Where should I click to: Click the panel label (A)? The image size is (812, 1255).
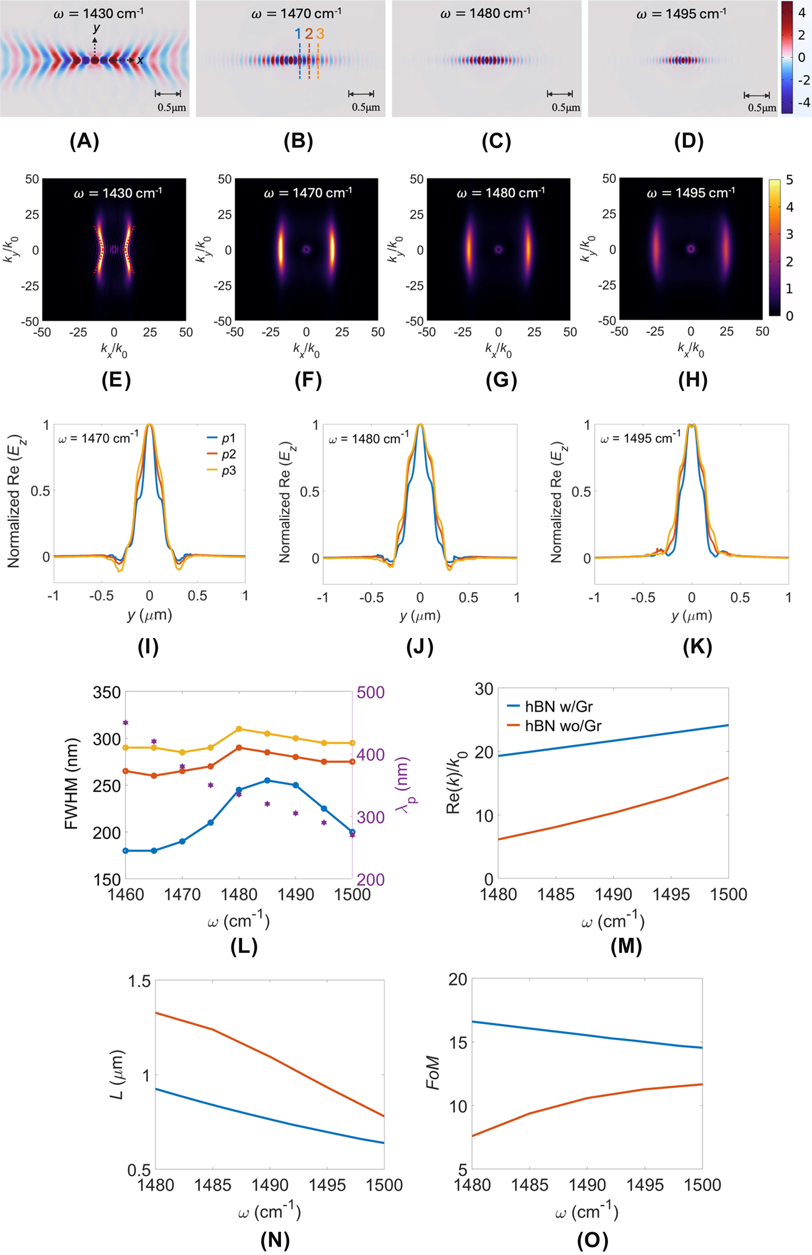[84, 142]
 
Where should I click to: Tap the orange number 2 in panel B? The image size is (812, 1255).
[309, 34]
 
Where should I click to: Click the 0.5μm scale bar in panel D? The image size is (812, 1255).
[757, 96]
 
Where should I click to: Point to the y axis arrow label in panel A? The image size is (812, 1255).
[97, 28]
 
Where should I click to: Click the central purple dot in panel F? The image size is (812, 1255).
[306, 249]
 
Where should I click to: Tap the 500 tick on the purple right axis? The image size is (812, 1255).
[370, 692]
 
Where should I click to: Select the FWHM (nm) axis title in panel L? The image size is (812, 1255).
[71, 784]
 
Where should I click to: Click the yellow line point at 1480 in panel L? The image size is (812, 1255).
[239, 729]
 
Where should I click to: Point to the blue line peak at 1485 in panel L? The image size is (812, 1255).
[267, 781]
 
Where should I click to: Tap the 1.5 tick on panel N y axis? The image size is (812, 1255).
[139, 982]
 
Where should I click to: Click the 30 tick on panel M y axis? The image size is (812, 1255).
[483, 689]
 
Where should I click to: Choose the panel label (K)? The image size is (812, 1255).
[697, 647]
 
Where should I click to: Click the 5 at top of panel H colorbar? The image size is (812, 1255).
[790, 180]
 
